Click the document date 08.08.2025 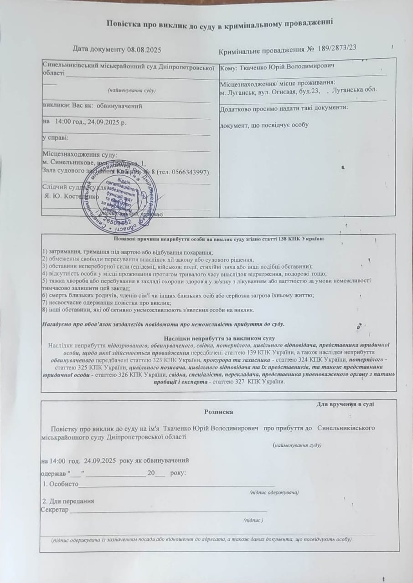coord(139,49)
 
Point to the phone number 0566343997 coord(188,172)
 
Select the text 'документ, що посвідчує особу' coord(264,125)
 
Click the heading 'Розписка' coord(219,412)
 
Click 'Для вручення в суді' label coord(346,404)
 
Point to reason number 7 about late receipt coord(107,303)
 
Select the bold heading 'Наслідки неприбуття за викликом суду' coord(219,339)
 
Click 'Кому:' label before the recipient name coord(228,67)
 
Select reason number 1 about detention coord(127,252)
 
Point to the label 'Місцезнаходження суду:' coord(79,155)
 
